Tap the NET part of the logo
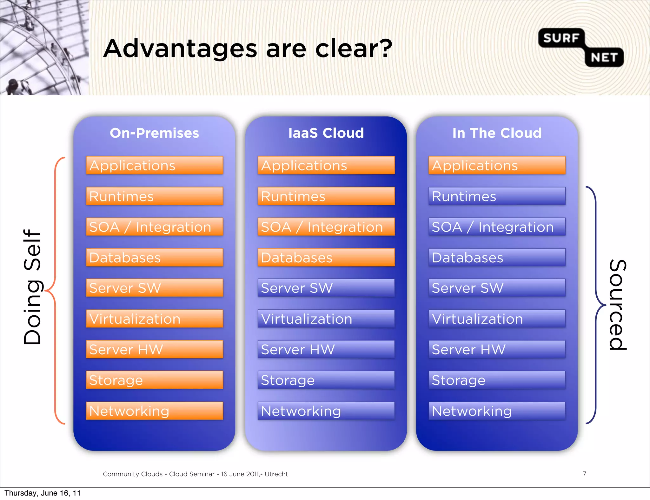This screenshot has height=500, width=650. (604, 57)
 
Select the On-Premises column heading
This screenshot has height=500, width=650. (154, 133)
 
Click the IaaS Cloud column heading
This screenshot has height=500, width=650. (326, 133)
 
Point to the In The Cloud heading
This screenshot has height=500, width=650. (497, 133)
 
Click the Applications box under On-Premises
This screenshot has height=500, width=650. (155, 165)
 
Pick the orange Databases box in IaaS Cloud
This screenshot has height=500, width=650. (326, 257)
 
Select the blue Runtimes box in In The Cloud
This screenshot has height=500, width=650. (497, 196)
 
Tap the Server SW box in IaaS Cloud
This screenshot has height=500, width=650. (326, 288)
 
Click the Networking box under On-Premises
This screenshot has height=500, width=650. (155, 411)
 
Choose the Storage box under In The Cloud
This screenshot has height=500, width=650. (497, 380)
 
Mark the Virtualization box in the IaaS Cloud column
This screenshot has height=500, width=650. (326, 319)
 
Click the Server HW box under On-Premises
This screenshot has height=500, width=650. (155, 349)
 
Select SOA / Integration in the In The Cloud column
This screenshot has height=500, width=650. (497, 227)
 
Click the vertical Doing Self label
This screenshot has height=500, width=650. (32, 287)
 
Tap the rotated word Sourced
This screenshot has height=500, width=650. (618, 305)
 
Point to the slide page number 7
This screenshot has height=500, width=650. (584, 474)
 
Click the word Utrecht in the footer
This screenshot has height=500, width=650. (276, 474)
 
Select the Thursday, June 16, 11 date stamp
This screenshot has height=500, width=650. (43, 493)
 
